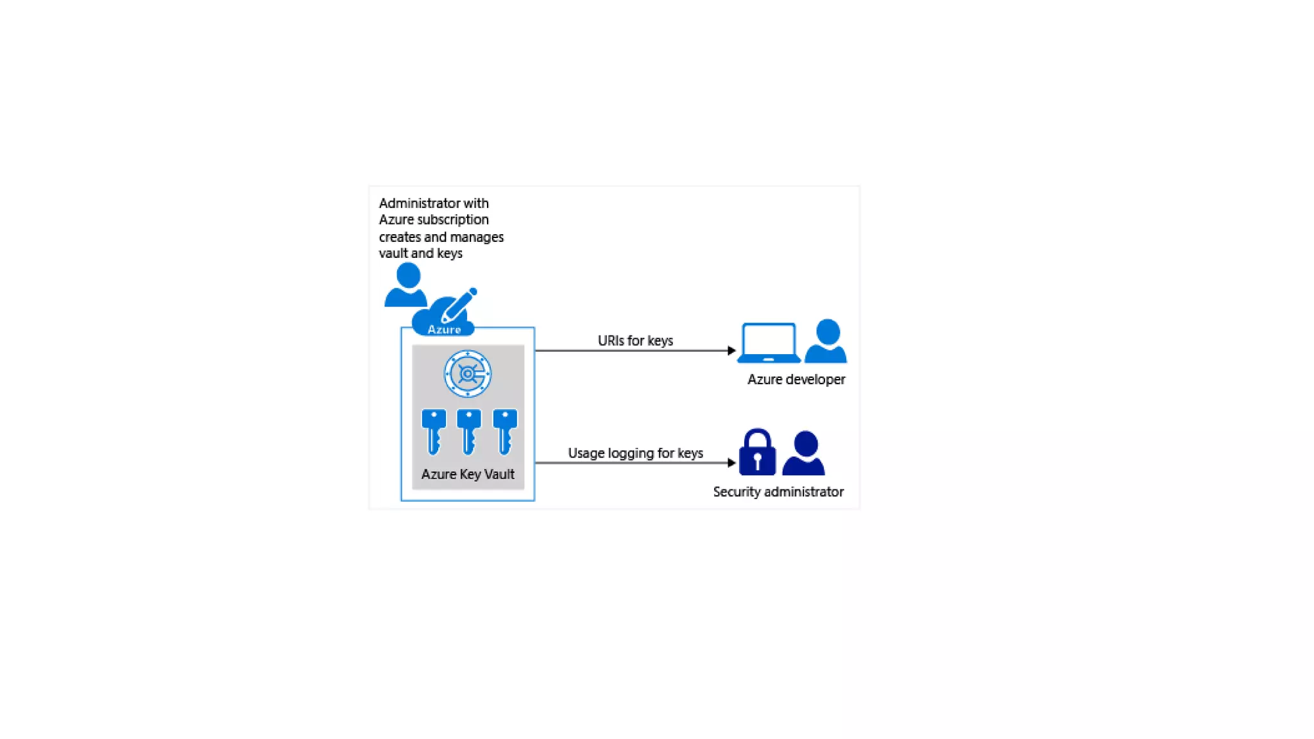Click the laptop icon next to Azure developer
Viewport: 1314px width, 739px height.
coord(768,343)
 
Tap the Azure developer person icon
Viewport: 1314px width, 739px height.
coord(826,341)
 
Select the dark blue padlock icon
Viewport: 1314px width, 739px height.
coord(757,453)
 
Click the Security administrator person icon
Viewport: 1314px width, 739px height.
coord(804,454)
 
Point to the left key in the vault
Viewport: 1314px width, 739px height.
coord(434,432)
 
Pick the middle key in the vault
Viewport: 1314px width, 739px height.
coord(469,432)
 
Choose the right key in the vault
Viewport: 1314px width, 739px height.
coord(505,432)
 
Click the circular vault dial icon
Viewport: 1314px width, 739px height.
coord(468,373)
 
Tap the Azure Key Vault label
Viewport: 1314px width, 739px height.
coord(468,475)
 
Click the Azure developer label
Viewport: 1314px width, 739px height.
coord(796,380)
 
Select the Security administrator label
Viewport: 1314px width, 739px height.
coord(778,492)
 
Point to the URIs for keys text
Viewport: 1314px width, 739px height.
coord(635,341)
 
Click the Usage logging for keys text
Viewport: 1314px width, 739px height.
coord(635,454)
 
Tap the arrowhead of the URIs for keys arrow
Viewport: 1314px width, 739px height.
coord(731,350)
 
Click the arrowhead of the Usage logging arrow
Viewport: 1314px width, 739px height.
coord(731,463)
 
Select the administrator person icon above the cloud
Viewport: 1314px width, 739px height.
coord(407,285)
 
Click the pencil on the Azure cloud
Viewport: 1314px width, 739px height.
coord(459,305)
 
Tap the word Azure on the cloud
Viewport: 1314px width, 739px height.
coord(444,330)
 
